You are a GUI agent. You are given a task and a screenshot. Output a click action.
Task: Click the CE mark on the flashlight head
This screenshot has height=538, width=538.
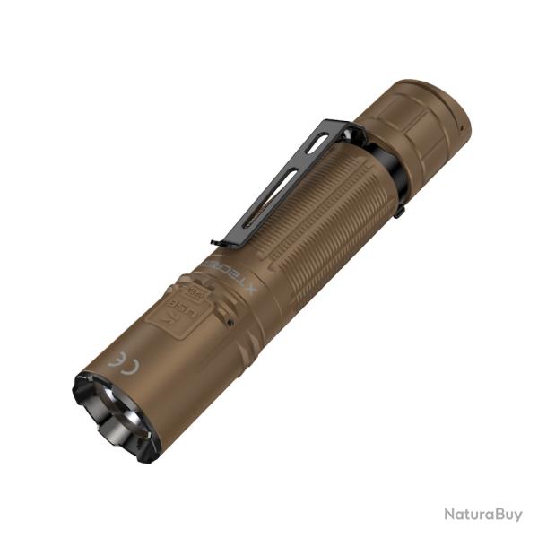tap(118, 358)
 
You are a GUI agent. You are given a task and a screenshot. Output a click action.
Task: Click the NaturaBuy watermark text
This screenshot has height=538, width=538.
tap(482, 515)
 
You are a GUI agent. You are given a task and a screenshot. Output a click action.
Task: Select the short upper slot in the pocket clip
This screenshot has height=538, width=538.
tap(316, 145)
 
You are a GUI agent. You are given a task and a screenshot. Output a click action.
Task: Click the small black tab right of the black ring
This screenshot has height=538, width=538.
tap(399, 211)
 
